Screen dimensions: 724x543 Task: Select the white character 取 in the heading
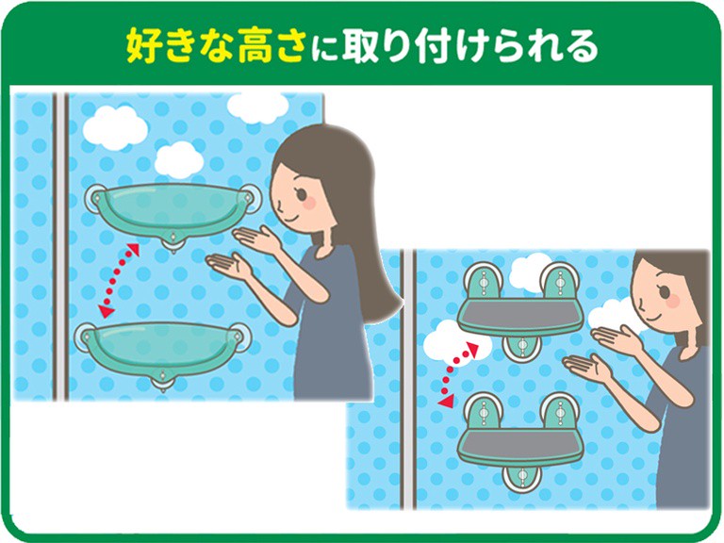point(360,45)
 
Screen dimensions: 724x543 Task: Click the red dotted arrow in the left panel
point(120,280)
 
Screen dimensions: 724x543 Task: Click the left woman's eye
point(302,193)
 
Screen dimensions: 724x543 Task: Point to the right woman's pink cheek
point(673,301)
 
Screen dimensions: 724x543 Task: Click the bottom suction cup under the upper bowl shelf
point(173,240)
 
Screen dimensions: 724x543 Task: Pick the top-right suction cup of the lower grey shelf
point(560,410)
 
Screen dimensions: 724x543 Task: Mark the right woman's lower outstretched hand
point(587,368)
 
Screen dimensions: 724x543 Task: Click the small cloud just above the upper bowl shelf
point(179,159)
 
